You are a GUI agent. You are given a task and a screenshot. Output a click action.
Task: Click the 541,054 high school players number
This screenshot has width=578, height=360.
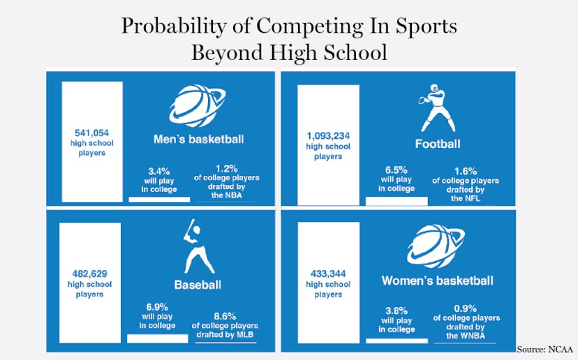91,131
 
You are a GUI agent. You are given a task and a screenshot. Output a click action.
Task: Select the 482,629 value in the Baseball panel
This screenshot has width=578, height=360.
90,273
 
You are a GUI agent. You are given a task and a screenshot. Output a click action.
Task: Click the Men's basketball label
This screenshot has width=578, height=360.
198,140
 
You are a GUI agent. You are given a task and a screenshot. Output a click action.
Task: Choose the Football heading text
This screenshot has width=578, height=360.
438,144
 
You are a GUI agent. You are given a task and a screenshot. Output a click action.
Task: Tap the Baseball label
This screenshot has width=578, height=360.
198,285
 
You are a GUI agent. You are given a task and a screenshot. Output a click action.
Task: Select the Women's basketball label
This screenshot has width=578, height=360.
437,280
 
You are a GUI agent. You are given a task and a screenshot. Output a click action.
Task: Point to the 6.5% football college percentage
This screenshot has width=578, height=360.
396,169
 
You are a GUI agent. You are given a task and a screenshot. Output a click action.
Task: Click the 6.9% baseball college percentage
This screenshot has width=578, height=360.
156,307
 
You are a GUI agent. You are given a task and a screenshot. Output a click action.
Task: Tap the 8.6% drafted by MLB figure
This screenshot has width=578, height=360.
225,315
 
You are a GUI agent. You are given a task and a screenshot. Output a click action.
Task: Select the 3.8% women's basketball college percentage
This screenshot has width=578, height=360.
396,310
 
